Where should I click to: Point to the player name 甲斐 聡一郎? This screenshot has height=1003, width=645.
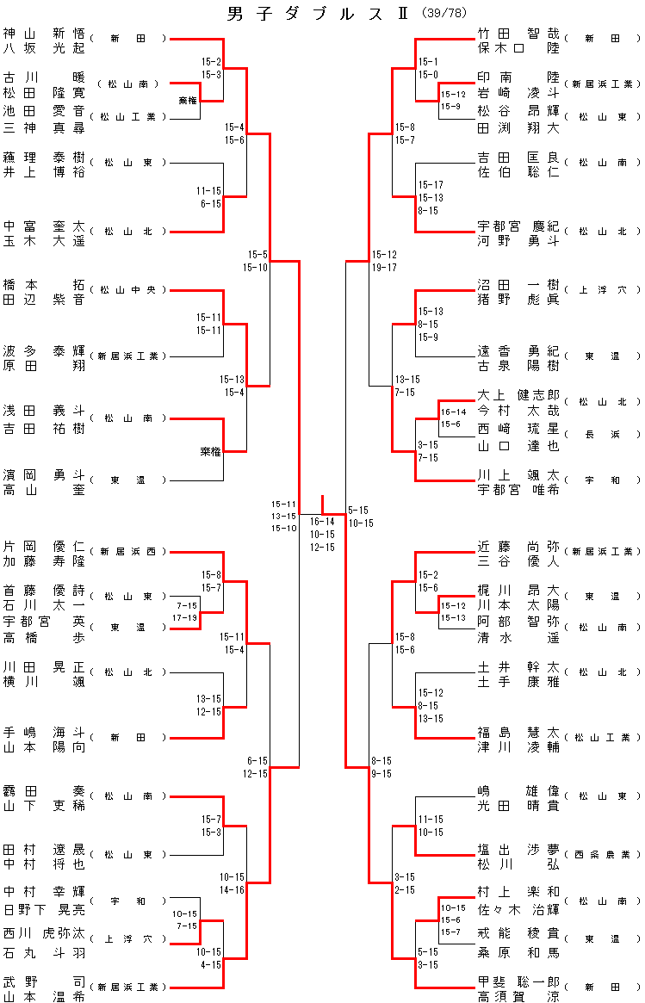518,981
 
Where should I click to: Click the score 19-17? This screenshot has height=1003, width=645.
384,268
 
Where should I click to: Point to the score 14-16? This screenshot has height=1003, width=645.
232,888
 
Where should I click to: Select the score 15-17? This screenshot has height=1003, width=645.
431,185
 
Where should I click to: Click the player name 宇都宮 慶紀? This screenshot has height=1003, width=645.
518,226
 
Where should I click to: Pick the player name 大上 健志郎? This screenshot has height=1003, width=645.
518,395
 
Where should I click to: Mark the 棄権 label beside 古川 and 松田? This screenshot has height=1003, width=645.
188,101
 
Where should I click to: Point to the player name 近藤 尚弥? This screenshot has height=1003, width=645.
518,546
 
